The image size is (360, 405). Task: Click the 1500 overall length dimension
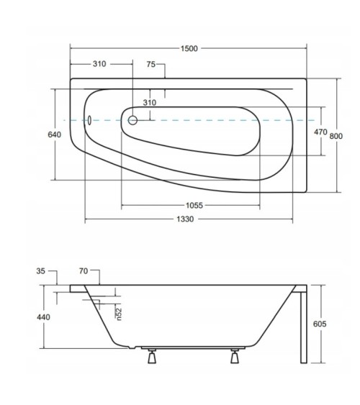click(189, 47)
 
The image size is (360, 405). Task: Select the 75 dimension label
click(151, 64)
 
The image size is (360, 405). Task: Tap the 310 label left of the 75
click(99, 64)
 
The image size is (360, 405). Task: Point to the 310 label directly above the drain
click(149, 102)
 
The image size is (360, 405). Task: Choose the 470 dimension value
click(321, 132)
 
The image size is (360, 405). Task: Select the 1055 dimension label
click(194, 205)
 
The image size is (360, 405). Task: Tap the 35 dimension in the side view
click(40, 271)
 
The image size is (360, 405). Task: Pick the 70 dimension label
click(84, 271)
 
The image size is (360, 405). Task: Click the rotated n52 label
click(120, 314)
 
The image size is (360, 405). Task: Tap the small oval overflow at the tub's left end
click(89, 120)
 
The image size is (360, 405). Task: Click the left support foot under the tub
click(153, 357)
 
